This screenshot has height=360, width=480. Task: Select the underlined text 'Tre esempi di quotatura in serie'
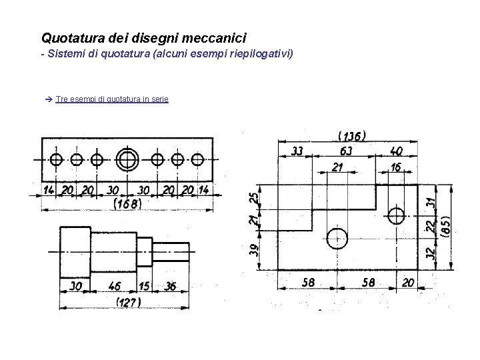[112, 99]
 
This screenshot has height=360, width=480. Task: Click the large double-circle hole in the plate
[127, 160]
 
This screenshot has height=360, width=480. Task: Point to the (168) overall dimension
[127, 203]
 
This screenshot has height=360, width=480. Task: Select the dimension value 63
[347, 152]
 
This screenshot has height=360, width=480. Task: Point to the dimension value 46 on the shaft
[115, 286]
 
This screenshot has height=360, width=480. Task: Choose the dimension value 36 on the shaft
[171, 286]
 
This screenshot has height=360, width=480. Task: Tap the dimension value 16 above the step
[397, 167]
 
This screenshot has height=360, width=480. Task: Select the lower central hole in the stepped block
[337, 237]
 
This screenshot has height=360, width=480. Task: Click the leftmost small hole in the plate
[56, 160]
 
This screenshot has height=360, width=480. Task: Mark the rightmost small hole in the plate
[197, 160]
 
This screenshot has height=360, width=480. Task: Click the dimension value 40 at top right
[396, 152]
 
